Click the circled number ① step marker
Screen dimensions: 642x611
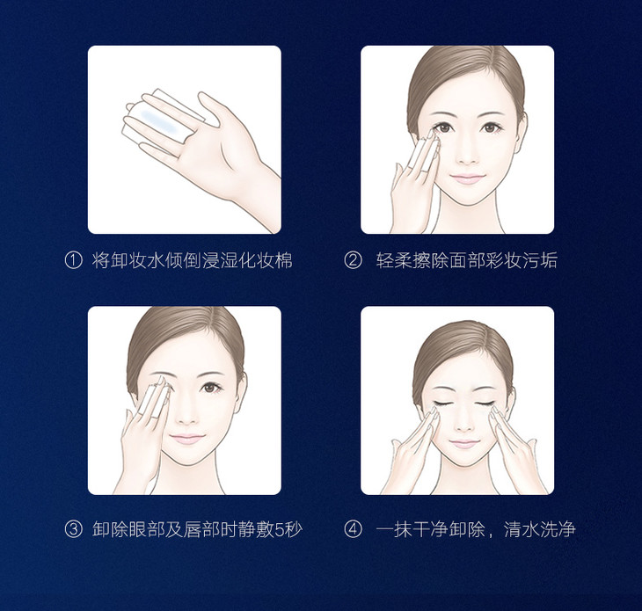click(x=74, y=261)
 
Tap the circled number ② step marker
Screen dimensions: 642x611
click(x=353, y=261)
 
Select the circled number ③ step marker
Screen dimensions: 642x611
click(x=74, y=529)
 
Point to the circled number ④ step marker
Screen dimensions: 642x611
click(x=353, y=529)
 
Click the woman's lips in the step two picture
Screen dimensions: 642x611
click(x=467, y=178)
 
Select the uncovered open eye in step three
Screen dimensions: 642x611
click(x=211, y=387)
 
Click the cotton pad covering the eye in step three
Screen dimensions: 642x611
click(x=155, y=396)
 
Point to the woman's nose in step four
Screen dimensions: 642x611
click(x=464, y=421)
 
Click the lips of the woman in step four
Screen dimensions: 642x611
click(x=463, y=443)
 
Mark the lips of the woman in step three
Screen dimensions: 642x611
click(x=186, y=439)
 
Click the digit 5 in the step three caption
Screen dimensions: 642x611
click(x=279, y=529)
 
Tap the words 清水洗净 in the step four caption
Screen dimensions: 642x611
click(x=539, y=529)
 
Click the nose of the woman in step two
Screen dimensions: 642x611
click(x=467, y=154)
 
